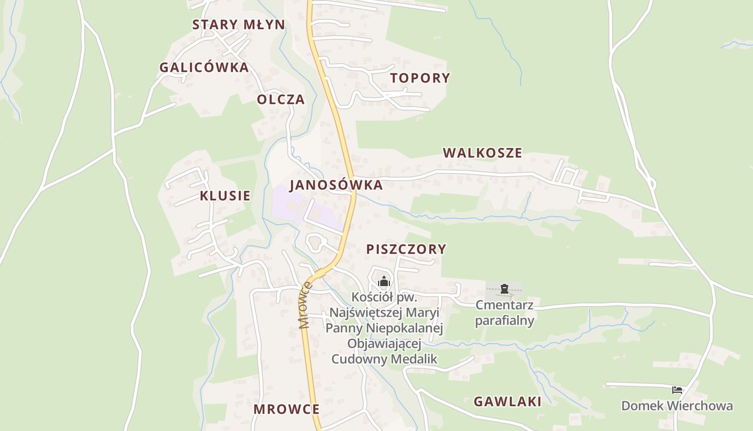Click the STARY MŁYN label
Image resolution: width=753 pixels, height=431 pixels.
239,24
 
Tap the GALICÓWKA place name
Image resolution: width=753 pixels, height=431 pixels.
204,67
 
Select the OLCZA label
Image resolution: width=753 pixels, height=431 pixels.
281,99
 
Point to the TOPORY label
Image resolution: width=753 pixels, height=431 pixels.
420,78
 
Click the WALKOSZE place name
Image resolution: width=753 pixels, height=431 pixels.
482,152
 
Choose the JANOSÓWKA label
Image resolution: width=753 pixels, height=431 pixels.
336,185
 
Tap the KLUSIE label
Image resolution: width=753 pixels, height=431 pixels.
225,195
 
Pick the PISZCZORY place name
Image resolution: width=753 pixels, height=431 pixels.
406,248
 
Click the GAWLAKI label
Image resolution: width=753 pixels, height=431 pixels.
507,401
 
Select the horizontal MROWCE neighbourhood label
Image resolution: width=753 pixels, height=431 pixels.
286,409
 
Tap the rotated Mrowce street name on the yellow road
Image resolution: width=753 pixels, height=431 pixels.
305,305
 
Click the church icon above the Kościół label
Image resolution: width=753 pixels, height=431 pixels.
383,281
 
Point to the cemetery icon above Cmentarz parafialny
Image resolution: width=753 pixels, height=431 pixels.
504,289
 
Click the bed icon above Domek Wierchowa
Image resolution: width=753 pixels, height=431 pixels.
677,390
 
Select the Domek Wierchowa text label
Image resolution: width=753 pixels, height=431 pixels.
677,405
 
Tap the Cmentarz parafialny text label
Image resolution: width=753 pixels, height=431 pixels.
504,312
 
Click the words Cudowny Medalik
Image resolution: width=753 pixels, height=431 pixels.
384,358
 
